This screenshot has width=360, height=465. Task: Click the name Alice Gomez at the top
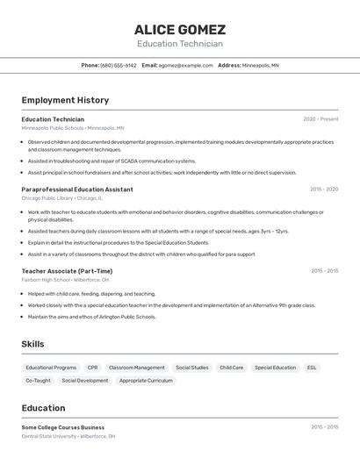(180, 30)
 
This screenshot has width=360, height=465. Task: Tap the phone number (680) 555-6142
(119, 65)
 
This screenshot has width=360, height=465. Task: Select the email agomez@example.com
(186, 65)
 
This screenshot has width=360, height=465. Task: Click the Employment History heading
(65, 100)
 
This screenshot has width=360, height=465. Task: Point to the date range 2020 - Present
(320, 119)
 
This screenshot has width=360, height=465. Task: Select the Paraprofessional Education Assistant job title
(77, 190)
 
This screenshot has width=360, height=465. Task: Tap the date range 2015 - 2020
(324, 190)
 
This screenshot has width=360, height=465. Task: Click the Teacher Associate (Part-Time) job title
(67, 271)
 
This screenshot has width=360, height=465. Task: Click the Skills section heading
(33, 345)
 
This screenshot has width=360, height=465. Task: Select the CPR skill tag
(92, 368)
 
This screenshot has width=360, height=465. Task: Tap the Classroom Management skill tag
(136, 368)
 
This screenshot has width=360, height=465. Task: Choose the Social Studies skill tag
(191, 368)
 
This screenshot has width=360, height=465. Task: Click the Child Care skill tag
(232, 368)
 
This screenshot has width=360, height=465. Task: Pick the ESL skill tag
(312, 368)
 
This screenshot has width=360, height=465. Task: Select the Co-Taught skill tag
(38, 381)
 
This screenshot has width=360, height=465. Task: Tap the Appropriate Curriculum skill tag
(146, 381)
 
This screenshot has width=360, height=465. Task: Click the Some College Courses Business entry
(62, 427)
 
